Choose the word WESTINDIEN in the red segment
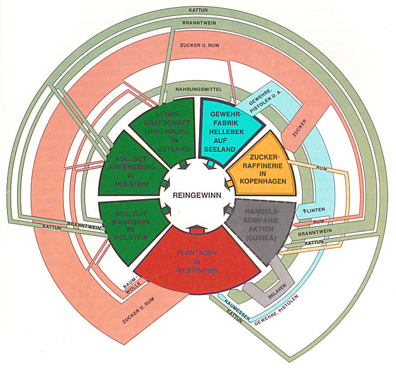click(197, 271)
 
